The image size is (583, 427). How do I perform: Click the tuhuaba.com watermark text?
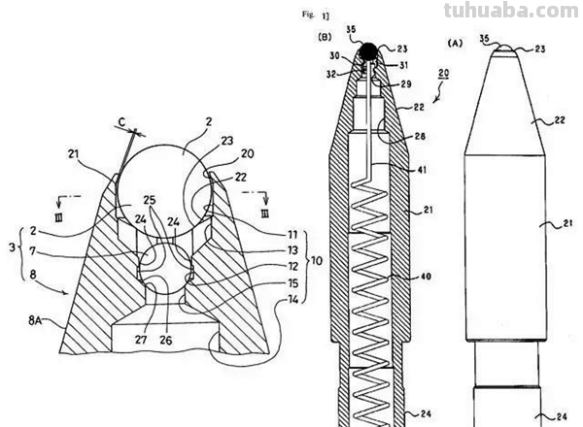coord(511,12)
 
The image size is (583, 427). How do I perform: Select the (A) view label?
coord(454,43)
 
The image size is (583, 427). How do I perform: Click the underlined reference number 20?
coord(442,75)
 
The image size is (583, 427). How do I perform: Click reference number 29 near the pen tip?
coord(404,85)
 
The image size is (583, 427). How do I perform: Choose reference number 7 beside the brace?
coord(32,251)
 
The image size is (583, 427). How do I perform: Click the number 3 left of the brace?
coord(10,249)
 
